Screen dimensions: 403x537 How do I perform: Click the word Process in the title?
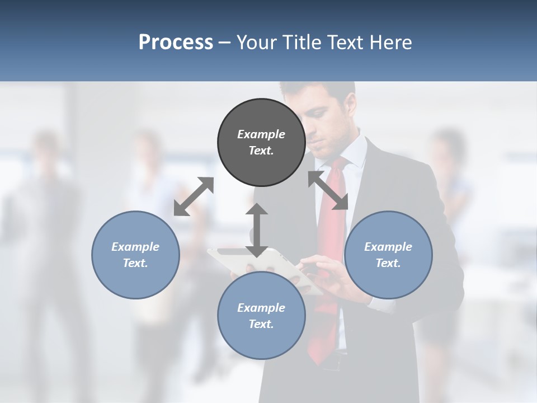point(176,43)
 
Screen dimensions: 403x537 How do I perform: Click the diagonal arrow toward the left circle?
point(194,196)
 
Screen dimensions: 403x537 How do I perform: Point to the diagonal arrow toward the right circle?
point(328,191)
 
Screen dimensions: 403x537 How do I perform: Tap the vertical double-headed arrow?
point(257,230)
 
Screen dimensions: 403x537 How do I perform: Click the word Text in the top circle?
point(260,151)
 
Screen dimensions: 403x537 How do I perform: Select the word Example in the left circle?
point(135,247)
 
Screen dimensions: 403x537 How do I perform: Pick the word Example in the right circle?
point(388,247)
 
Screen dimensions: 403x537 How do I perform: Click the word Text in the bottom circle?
point(260,324)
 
